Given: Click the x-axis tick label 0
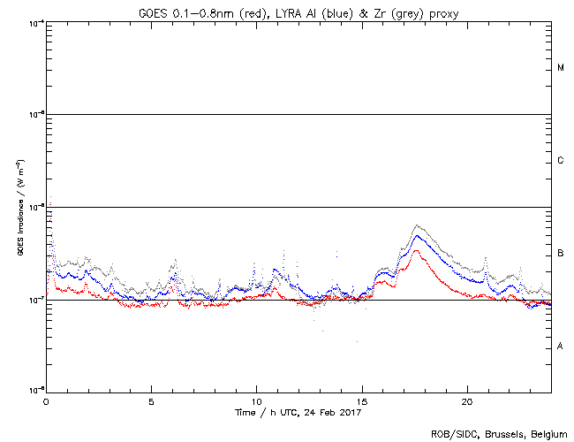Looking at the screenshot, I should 46,400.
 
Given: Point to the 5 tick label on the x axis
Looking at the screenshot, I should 151,400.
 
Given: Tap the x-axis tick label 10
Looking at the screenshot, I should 256,400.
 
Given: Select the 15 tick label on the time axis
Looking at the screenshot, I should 362,400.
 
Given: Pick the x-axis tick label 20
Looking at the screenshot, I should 467,400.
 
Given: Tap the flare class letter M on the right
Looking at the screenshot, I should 561,68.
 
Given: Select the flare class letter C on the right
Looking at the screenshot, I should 561,161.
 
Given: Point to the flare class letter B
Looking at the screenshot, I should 561,254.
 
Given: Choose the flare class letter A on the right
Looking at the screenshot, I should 561,346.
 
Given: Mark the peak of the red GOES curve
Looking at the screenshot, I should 415,251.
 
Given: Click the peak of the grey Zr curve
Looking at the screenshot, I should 417,225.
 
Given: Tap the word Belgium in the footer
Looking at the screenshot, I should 545,433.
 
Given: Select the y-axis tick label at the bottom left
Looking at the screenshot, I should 36,390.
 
